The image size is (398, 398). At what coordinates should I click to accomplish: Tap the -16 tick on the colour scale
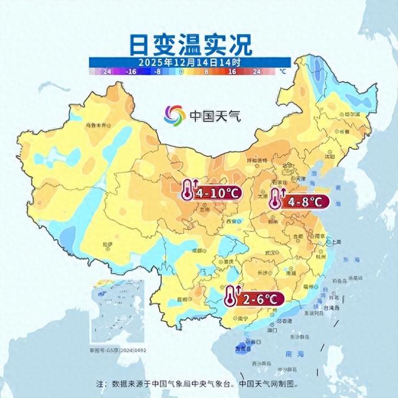(131, 72)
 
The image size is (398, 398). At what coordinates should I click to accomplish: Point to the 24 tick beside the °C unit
(256, 72)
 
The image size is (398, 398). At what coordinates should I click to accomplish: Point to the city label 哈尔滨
(351, 114)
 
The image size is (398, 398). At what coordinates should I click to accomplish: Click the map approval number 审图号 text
(116, 352)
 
